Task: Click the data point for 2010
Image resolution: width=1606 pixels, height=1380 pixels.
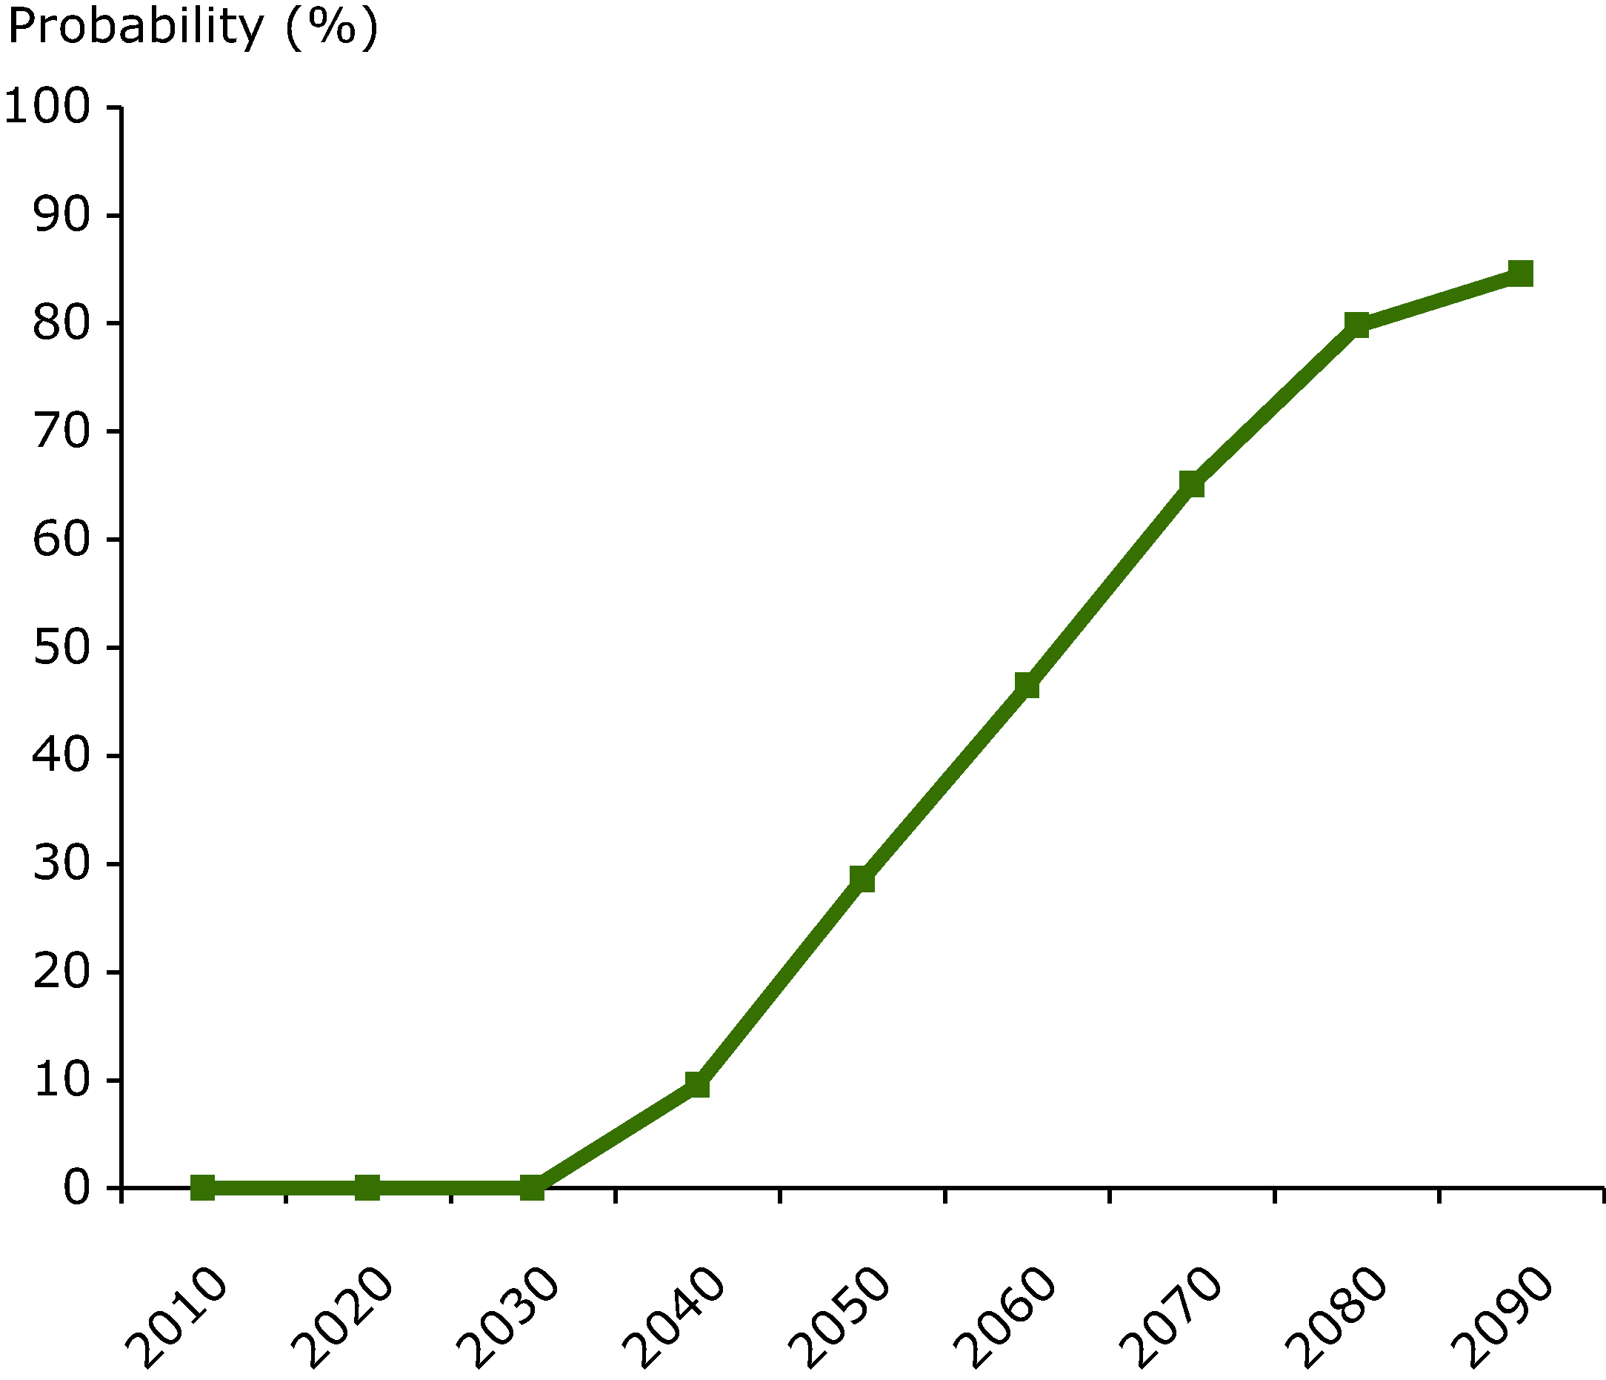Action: pyautogui.click(x=203, y=1187)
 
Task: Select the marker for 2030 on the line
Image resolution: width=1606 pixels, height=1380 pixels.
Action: pyautogui.click(x=533, y=1187)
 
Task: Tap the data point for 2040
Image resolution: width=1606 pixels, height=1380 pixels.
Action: pyautogui.click(x=698, y=1084)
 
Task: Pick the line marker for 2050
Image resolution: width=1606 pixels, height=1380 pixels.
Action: pyautogui.click(x=862, y=879)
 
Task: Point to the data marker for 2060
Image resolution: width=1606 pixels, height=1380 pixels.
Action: pyautogui.click(x=1027, y=686)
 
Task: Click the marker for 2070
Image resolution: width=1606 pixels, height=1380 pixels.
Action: pyautogui.click(x=1192, y=484)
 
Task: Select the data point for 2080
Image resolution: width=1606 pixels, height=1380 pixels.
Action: pyautogui.click(x=1356, y=324)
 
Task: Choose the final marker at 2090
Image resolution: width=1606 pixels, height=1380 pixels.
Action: pyautogui.click(x=1521, y=273)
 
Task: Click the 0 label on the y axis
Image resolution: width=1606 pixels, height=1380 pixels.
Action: pyautogui.click(x=77, y=1189)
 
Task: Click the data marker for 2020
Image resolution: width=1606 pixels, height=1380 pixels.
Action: pyautogui.click(x=367, y=1187)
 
